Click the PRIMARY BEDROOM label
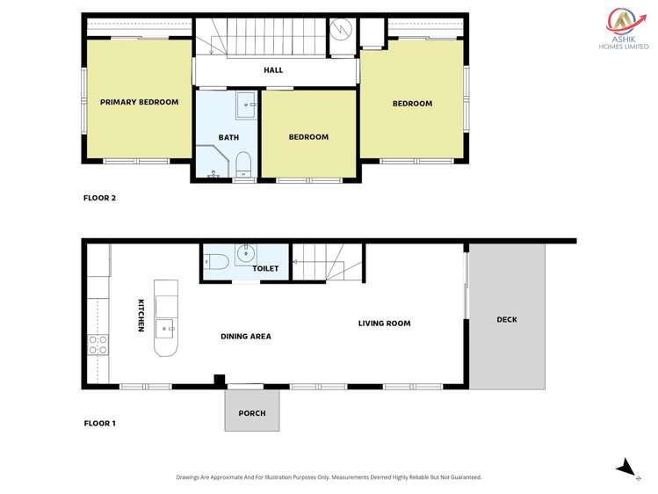[139, 102]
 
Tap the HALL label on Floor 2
[273, 70]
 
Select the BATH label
[228, 137]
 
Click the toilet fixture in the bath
[243, 163]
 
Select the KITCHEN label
[141, 316]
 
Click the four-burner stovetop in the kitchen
[98, 344]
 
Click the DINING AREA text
[245, 336]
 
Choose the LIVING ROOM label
[384, 323]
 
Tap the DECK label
[507, 319]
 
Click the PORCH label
[251, 413]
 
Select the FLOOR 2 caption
[99, 198]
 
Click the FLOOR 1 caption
[99, 424]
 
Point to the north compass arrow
[625, 467]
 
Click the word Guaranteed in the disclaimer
[462, 477]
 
